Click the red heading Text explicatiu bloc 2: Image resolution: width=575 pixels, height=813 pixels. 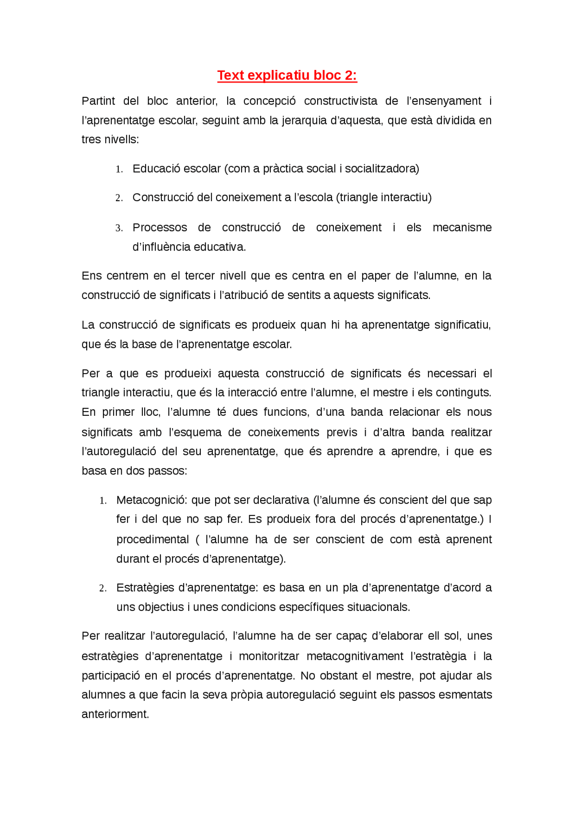tap(287, 75)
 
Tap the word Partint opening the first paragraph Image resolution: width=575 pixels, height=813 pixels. tap(98, 101)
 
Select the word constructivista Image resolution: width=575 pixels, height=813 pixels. tap(341, 101)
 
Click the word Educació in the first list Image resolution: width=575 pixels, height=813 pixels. tap(154, 169)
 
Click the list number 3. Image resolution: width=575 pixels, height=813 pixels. tap(119, 228)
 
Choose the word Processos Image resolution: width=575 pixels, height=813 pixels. tap(159, 228)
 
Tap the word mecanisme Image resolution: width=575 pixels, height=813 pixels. tap(462, 228)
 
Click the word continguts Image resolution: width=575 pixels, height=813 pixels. tap(468, 393)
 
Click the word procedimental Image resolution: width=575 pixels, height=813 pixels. tap(153, 540)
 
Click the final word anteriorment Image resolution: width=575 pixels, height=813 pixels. tap(115, 714)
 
